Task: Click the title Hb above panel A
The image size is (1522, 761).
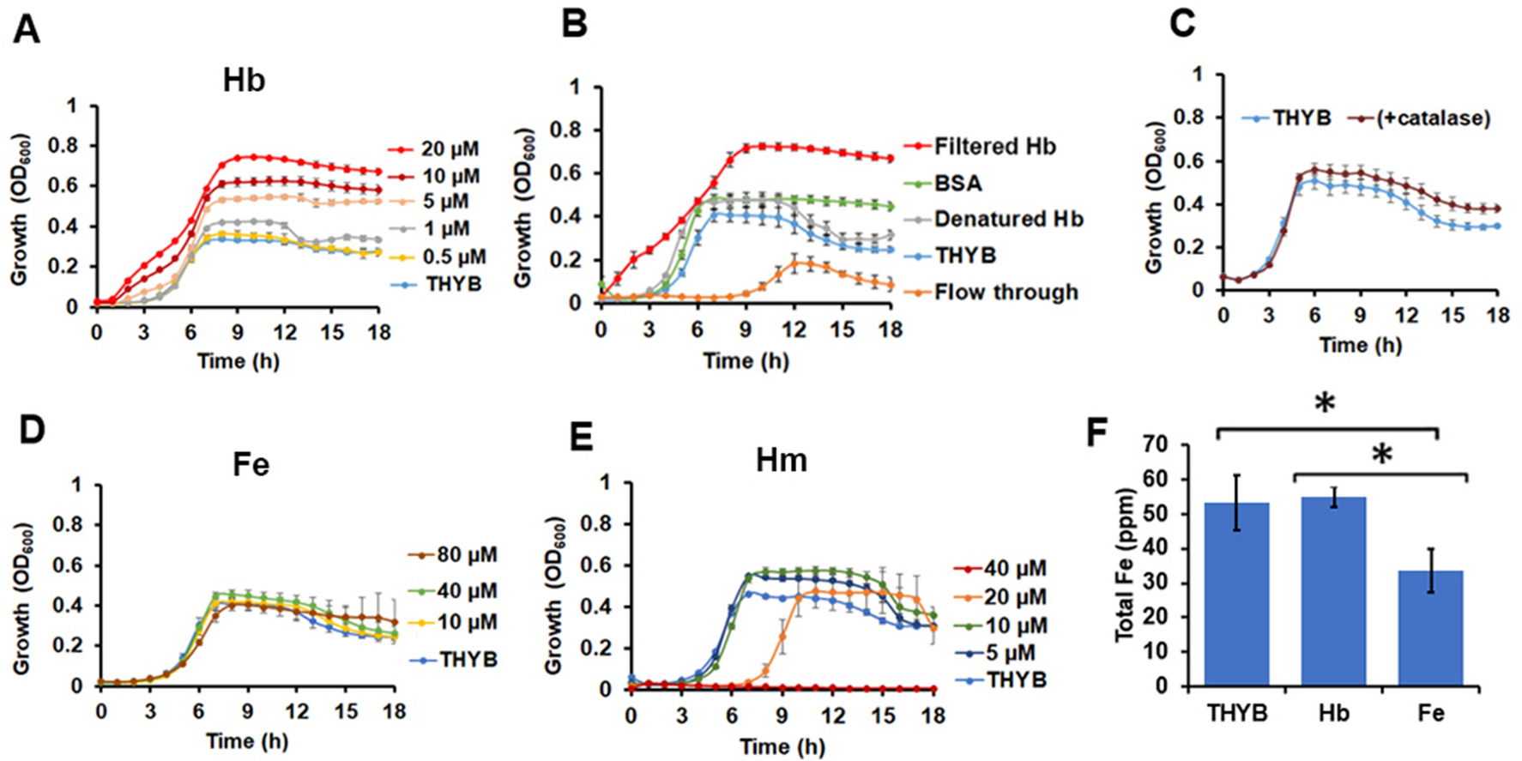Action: [x=244, y=80]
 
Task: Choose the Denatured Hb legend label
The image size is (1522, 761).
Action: [x=1008, y=220]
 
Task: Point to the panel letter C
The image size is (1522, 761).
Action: [x=1182, y=24]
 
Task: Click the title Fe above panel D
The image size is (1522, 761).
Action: [x=251, y=464]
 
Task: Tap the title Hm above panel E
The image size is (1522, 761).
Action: [x=781, y=461]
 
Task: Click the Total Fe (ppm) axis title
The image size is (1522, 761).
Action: [x=1126, y=565]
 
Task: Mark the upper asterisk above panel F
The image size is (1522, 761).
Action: [x=1325, y=403]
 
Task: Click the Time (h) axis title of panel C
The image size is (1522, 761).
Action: [x=1360, y=345]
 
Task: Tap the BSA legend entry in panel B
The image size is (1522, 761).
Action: [x=957, y=183]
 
